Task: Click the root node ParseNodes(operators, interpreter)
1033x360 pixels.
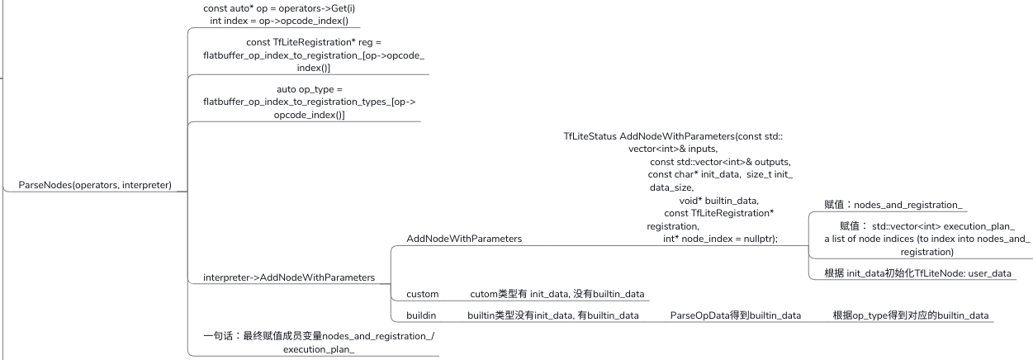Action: [95, 185]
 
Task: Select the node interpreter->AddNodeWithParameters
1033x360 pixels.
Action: [289, 277]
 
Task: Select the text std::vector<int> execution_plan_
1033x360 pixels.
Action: [943, 226]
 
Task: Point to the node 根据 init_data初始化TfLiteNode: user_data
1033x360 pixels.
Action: [917, 272]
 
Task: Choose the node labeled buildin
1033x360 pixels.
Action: [421, 315]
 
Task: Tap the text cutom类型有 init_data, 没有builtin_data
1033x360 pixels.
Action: [557, 294]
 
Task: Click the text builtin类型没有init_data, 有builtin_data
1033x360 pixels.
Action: [552, 315]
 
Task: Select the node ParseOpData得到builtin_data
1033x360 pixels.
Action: [735, 315]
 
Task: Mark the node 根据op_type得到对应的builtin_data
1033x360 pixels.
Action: [911, 315]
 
